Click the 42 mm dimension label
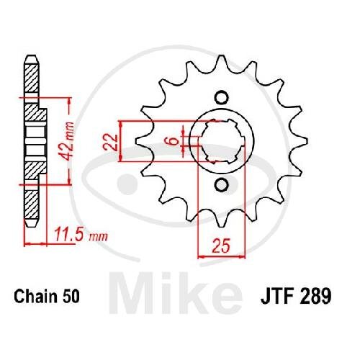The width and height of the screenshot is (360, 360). [67, 141]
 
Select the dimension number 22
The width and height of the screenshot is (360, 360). [111, 143]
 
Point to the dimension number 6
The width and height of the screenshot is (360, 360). [174, 140]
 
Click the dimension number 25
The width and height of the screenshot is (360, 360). [221, 246]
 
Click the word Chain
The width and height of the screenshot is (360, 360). [35, 296]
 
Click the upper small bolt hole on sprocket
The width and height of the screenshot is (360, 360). [221, 98]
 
